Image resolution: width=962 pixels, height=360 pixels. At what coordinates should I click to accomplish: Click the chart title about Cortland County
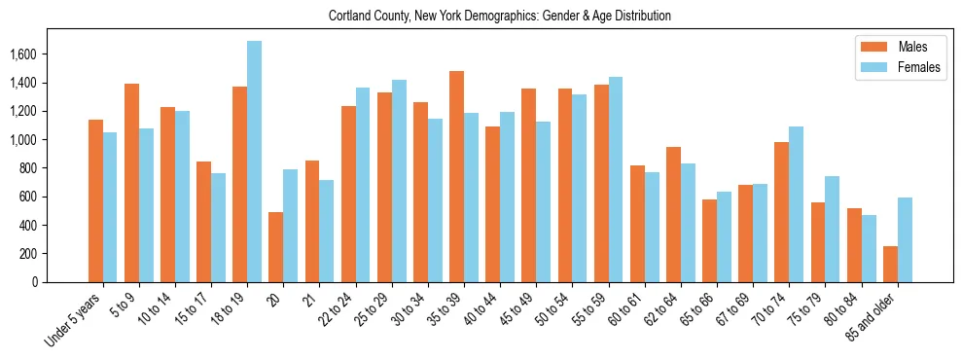[x=499, y=17]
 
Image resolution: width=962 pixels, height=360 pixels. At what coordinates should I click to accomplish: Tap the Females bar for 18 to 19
[x=254, y=162]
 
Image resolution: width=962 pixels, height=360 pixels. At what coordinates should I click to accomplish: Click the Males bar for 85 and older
[x=890, y=264]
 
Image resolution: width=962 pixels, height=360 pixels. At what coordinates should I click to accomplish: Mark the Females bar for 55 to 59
[x=616, y=179]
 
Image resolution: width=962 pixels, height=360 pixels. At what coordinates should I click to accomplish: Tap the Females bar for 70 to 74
[x=797, y=204]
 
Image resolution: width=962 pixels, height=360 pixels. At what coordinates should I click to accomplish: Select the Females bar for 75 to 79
[x=833, y=229]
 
